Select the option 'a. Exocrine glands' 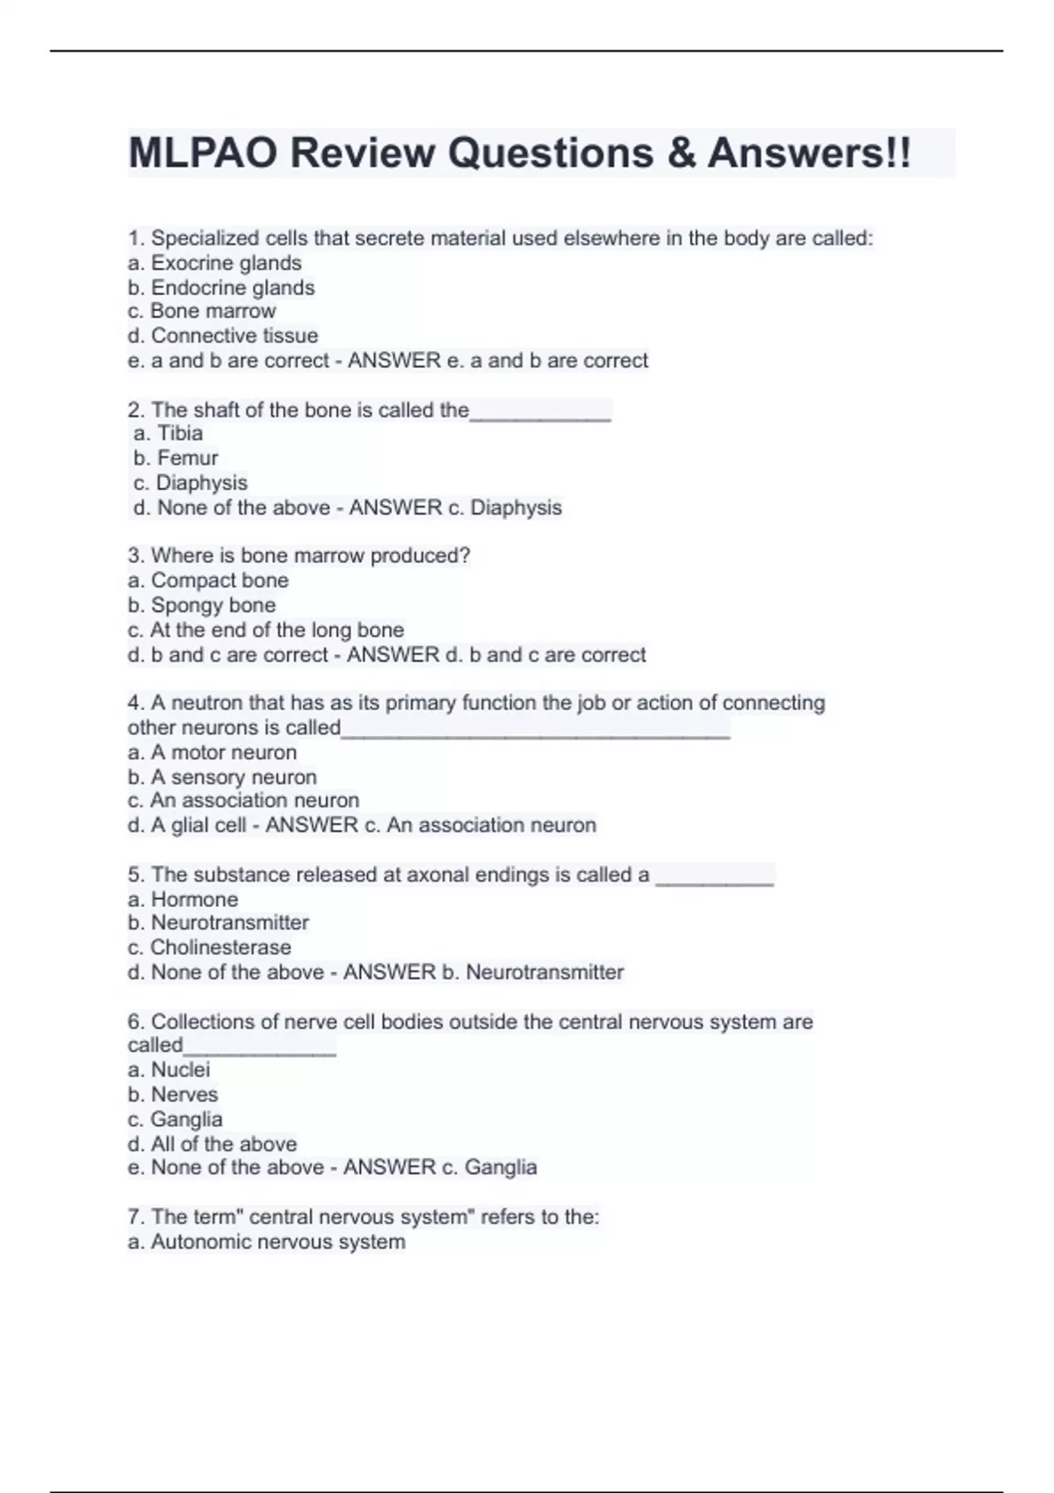click(x=214, y=263)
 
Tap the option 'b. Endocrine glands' click(x=220, y=287)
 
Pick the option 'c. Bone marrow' click(x=201, y=311)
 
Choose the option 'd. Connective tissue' click(x=222, y=335)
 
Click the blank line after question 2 click(x=540, y=413)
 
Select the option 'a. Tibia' click(x=168, y=433)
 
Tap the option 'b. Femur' click(x=176, y=458)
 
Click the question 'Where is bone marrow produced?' click(x=299, y=556)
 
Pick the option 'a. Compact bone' click(x=207, y=581)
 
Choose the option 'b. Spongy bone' click(x=201, y=605)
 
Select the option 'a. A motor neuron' click(x=212, y=753)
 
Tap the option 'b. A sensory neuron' click(x=221, y=777)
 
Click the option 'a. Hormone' click(x=183, y=899)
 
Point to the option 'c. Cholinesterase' click(x=209, y=948)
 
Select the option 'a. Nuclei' click(x=169, y=1070)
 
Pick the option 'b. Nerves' click(x=172, y=1094)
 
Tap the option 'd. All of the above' click(x=212, y=1143)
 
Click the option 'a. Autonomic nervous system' click(x=266, y=1242)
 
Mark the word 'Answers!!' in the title click(x=809, y=154)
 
